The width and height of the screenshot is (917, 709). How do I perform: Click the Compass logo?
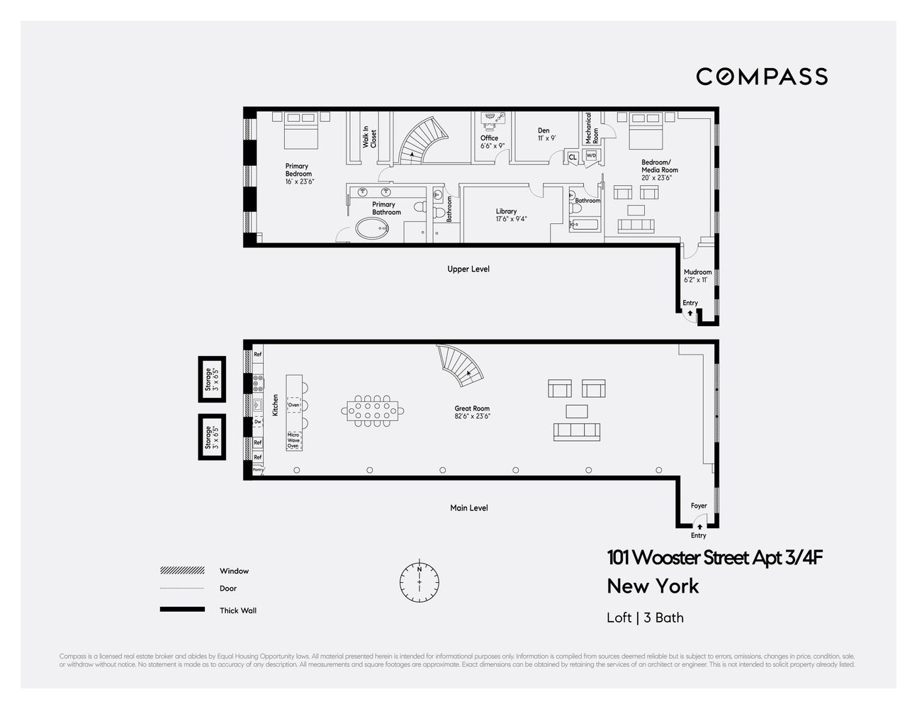coord(761,77)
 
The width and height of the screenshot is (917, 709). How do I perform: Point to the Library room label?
coord(506,215)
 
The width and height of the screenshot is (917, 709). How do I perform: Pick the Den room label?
coord(544,134)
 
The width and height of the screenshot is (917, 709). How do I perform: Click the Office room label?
coord(490,142)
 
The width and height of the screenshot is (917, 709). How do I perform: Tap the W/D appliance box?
coord(591,155)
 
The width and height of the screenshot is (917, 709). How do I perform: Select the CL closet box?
coord(573,157)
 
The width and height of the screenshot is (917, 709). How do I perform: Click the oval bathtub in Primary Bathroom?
coord(372,228)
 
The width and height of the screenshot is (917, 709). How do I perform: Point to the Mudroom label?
coord(697,276)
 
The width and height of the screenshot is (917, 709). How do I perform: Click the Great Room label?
coord(472,412)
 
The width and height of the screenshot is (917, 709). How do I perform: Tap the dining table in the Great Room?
coord(373,409)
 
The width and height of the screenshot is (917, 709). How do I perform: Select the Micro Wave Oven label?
coord(293,440)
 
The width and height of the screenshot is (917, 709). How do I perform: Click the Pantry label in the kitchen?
coord(258,469)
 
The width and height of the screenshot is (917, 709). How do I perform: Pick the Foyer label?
coord(699,506)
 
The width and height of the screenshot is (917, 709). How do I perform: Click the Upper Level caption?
coord(468,269)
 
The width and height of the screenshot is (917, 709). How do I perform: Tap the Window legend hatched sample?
coord(182,571)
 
